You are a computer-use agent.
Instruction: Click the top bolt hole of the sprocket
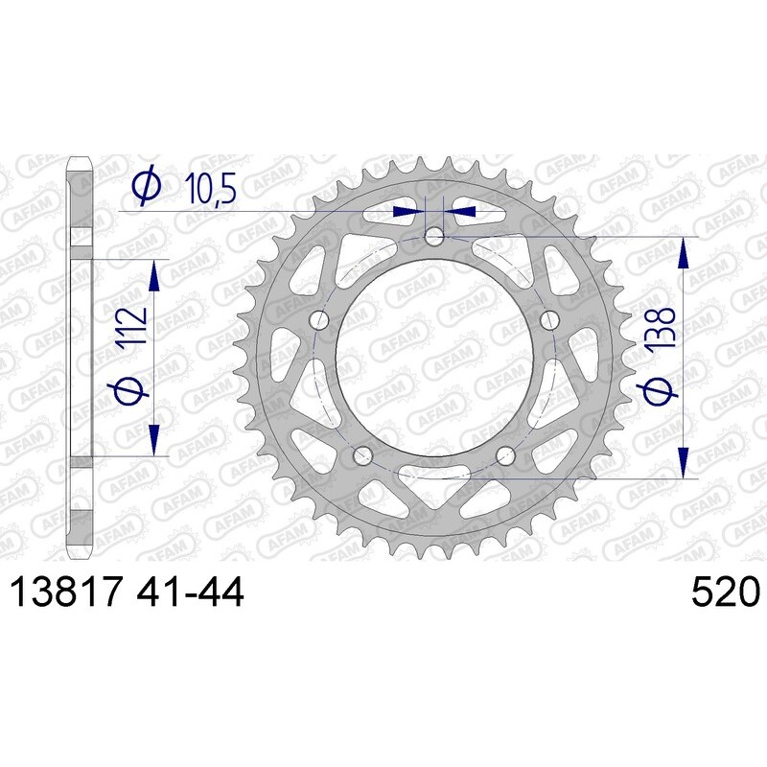(x=434, y=236)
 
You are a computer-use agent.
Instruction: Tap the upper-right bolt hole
(x=549, y=320)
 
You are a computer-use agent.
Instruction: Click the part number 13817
(x=65, y=593)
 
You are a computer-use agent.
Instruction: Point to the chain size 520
(x=724, y=593)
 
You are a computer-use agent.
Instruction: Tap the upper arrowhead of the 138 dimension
(x=683, y=253)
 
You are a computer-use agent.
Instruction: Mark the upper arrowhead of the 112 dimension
(x=152, y=274)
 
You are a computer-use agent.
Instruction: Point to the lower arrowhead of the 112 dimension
(x=152, y=439)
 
